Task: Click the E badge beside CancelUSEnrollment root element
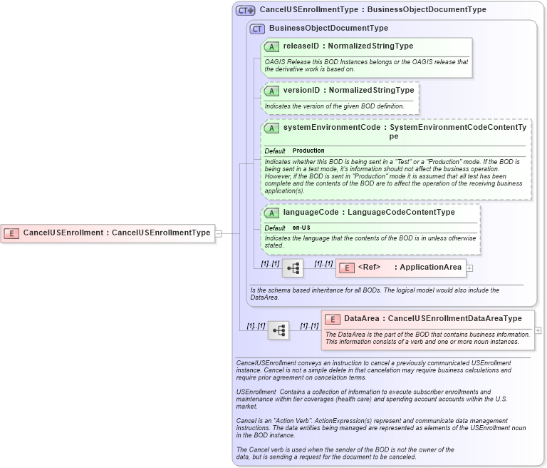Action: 11,233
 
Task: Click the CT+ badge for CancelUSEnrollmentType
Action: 246,10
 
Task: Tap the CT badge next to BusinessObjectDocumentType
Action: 257,29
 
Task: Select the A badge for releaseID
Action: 271,46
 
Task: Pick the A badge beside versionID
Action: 271,91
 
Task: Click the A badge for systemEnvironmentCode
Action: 271,128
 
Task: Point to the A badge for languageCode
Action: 271,213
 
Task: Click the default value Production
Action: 308,151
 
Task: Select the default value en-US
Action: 301,228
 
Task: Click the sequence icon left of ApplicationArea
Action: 293,268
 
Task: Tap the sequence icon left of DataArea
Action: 278,330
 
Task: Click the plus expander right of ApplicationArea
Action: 470,268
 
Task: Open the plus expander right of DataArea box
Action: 538,330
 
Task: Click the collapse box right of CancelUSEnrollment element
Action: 219,233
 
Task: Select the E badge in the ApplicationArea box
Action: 346,268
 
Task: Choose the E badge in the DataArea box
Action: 333,319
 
